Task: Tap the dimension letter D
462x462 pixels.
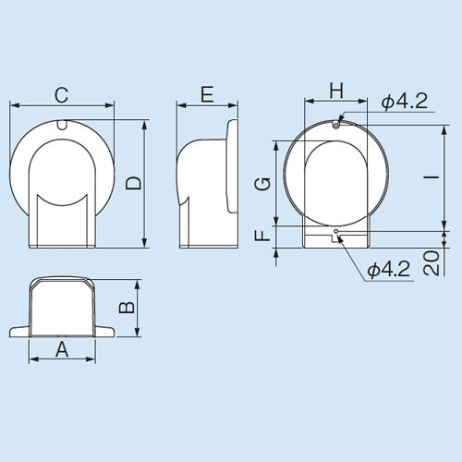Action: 134,183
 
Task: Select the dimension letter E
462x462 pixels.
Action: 206,93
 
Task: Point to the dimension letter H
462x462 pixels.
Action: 336,90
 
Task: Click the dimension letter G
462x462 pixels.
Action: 263,182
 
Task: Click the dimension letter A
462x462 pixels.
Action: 63,348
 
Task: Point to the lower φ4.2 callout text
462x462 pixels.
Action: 387,269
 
